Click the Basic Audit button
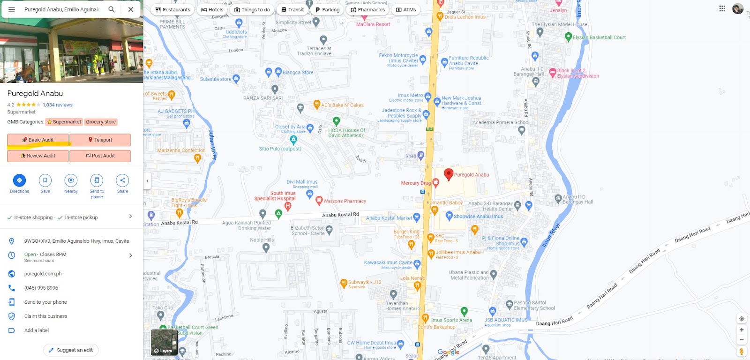38,140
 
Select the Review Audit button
38,156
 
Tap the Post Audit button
100,156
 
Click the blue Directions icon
19,180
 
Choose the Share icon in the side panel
122,180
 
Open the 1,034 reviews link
58,105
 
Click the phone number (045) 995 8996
41,288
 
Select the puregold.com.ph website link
43,274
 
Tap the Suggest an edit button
71,350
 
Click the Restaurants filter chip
172,9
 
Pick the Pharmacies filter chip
367,9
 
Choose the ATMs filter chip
406,9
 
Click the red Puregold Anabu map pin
449,174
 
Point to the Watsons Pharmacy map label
345,201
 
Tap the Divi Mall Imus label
302,182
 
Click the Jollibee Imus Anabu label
458,252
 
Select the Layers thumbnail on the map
164,342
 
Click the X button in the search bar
131,9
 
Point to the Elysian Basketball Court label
599,37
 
